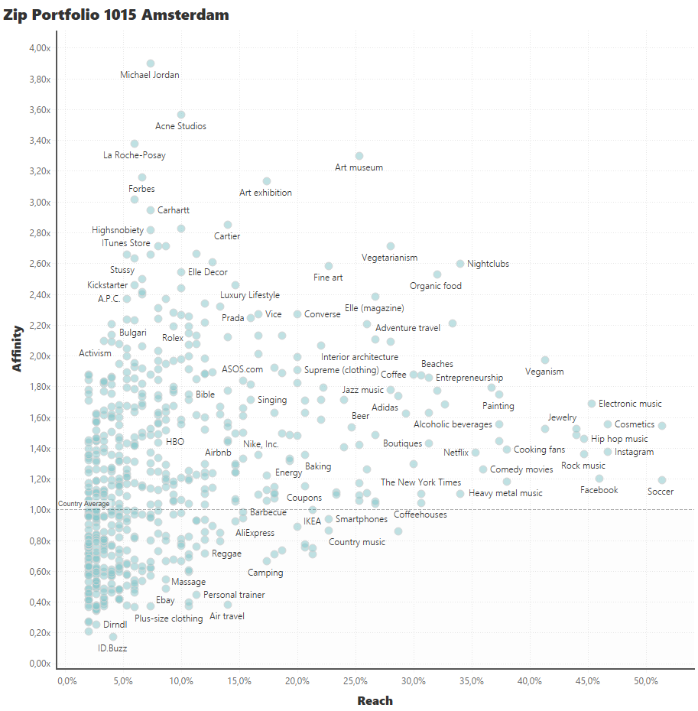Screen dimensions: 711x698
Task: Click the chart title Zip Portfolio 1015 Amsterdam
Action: (x=116, y=15)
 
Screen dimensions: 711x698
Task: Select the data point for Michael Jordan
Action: (x=151, y=63)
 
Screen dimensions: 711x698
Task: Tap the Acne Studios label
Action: (x=180, y=126)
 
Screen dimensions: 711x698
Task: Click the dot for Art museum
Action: (x=359, y=156)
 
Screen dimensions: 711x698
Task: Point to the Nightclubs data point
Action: (x=460, y=264)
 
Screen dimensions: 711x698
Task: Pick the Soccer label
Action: (x=661, y=492)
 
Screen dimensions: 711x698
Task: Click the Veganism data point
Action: (x=545, y=360)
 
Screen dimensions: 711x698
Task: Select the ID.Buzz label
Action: (x=112, y=648)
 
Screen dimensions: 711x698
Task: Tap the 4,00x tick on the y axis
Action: (x=38, y=48)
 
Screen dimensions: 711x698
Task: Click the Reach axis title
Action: (x=375, y=700)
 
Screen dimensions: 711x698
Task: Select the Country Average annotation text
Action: (x=83, y=504)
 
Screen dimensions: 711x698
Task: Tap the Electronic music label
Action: (x=630, y=404)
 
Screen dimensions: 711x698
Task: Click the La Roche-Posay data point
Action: (x=135, y=144)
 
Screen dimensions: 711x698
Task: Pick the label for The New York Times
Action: (x=420, y=482)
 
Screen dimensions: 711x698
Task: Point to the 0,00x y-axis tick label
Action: (x=38, y=664)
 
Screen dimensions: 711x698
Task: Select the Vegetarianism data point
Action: (x=391, y=246)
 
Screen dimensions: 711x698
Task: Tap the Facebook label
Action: (x=599, y=490)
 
